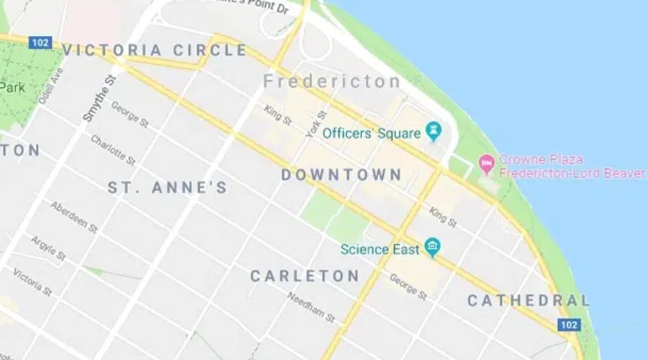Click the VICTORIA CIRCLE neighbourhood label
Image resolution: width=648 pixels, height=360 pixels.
(x=155, y=50)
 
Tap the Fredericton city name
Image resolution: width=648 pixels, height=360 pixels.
(x=332, y=81)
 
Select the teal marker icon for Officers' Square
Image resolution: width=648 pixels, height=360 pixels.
(x=433, y=132)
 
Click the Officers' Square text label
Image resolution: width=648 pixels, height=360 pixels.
(x=371, y=133)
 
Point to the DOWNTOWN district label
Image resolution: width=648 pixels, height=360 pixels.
(x=341, y=175)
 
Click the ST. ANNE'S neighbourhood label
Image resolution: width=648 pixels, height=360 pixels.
(x=168, y=188)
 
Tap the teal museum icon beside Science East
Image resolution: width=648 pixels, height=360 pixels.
(x=432, y=248)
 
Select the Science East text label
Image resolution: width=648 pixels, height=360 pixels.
(x=380, y=250)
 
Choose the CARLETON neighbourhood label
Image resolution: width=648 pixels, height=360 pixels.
(x=305, y=276)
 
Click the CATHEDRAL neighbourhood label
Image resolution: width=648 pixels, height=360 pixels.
(x=528, y=300)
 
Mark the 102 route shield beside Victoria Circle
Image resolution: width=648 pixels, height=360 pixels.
(x=40, y=43)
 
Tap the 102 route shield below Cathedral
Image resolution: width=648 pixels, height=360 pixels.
(x=568, y=325)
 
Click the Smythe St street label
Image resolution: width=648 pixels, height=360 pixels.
(x=99, y=98)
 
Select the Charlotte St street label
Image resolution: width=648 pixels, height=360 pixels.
(x=112, y=150)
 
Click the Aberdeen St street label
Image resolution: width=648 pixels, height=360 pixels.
(x=73, y=217)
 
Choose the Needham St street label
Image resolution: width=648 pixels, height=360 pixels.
(x=311, y=307)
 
